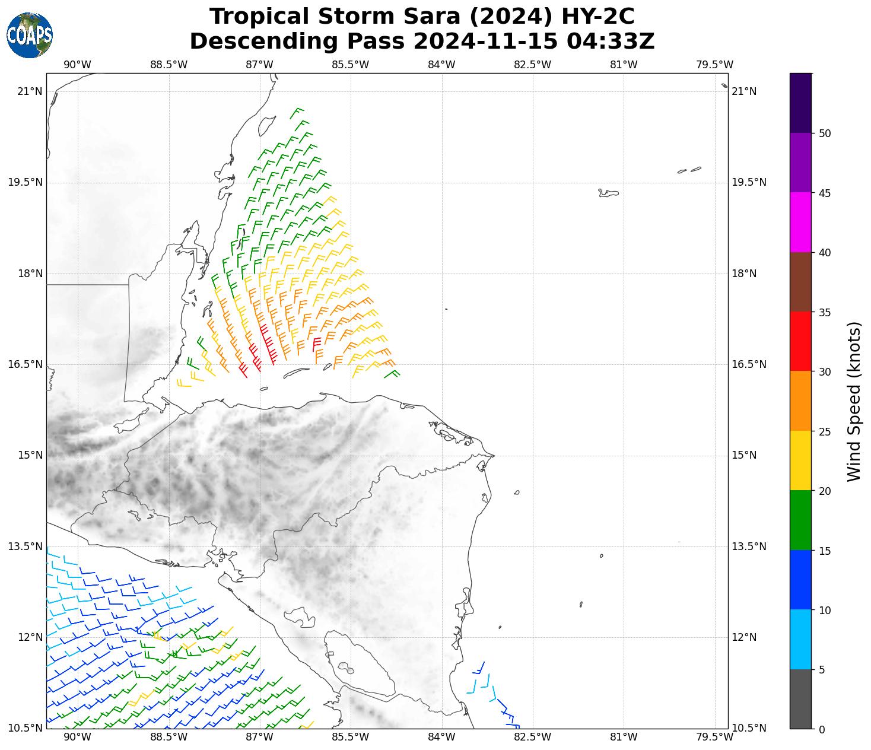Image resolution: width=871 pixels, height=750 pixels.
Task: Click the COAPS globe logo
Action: click(x=30, y=35)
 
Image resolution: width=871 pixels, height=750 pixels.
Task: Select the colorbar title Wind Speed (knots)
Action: click(x=854, y=402)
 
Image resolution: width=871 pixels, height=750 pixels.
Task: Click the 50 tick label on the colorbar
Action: click(x=824, y=134)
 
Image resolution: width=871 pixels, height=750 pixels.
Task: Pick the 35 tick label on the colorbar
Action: click(x=824, y=313)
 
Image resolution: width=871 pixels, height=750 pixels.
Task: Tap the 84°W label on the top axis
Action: click(x=441, y=65)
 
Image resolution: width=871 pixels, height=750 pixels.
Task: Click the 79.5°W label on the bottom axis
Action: click(x=714, y=738)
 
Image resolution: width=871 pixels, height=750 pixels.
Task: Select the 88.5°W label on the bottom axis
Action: click(x=169, y=738)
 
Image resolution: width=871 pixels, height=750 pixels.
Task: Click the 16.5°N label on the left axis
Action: click(x=25, y=364)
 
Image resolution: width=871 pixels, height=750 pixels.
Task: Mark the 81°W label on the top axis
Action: click(x=624, y=65)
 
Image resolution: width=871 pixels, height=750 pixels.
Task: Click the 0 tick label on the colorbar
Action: click(x=821, y=730)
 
